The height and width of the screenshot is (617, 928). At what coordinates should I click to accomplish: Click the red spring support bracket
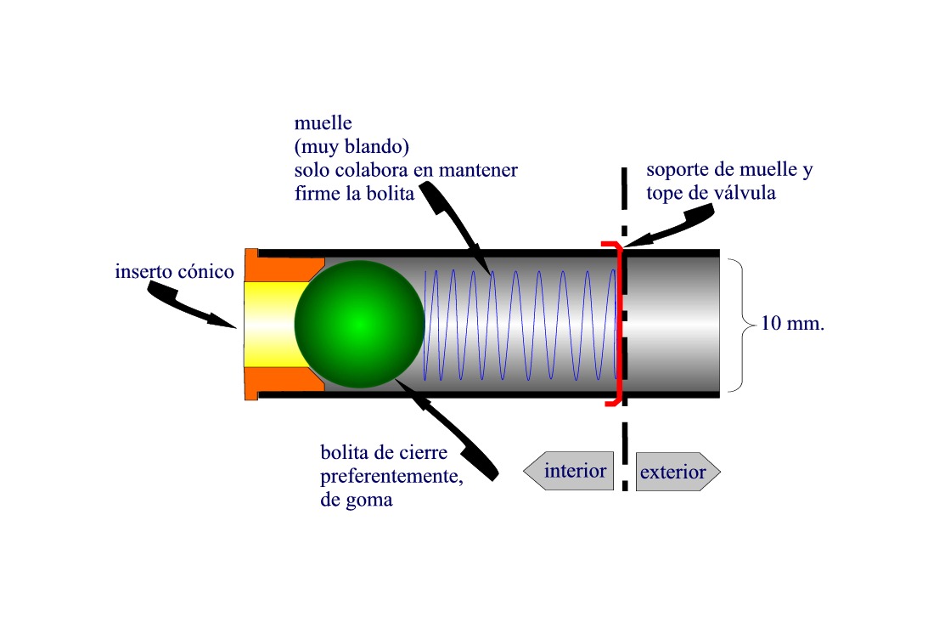[x=618, y=323]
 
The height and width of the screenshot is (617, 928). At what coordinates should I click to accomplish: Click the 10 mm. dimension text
[x=794, y=324]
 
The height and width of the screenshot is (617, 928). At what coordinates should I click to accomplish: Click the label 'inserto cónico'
[x=174, y=273]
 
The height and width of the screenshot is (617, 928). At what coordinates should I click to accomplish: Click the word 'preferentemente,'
[x=391, y=475]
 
